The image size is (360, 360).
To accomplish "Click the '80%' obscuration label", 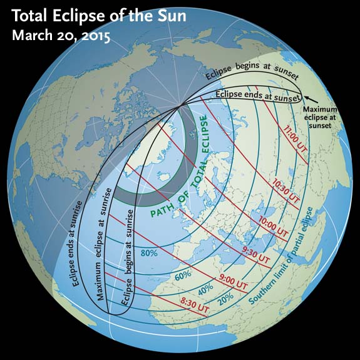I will [x=148, y=254].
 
